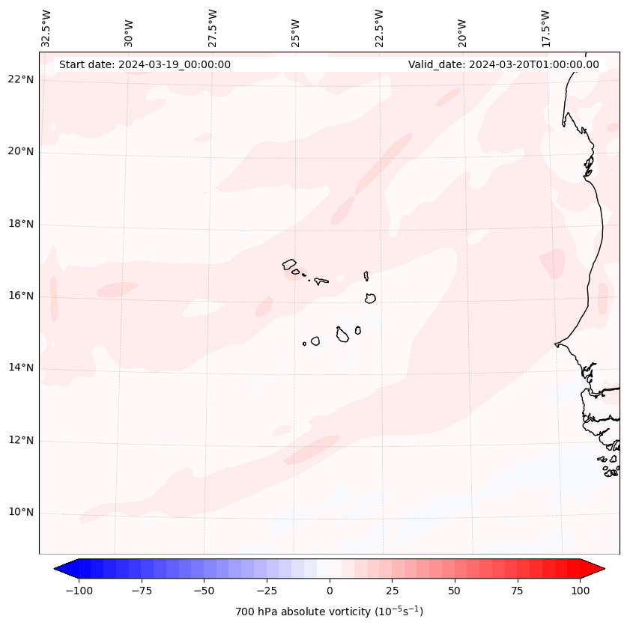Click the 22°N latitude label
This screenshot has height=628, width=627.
21,79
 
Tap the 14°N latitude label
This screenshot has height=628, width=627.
21,368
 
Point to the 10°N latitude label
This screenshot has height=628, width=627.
21,513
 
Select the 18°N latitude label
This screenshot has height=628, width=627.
21,224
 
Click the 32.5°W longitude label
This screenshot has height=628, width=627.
46,28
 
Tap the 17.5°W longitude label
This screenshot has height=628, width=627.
545,28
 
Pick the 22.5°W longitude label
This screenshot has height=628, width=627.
379,28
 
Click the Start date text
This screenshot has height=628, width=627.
145,64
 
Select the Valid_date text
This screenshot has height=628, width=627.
503,64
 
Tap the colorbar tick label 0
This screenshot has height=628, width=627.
330,591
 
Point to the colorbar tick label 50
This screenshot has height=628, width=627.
454,591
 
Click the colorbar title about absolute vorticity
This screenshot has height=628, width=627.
330,612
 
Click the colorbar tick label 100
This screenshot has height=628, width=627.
579,591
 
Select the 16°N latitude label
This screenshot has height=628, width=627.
21,296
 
